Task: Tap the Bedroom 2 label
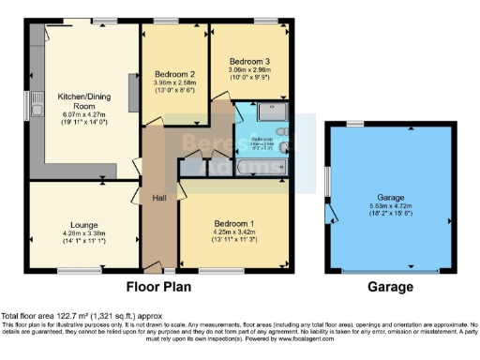(x=174, y=74)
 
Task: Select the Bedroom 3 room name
(x=248, y=61)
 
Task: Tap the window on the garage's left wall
(x=328, y=178)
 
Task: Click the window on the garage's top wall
(x=354, y=124)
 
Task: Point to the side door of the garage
(x=333, y=216)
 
